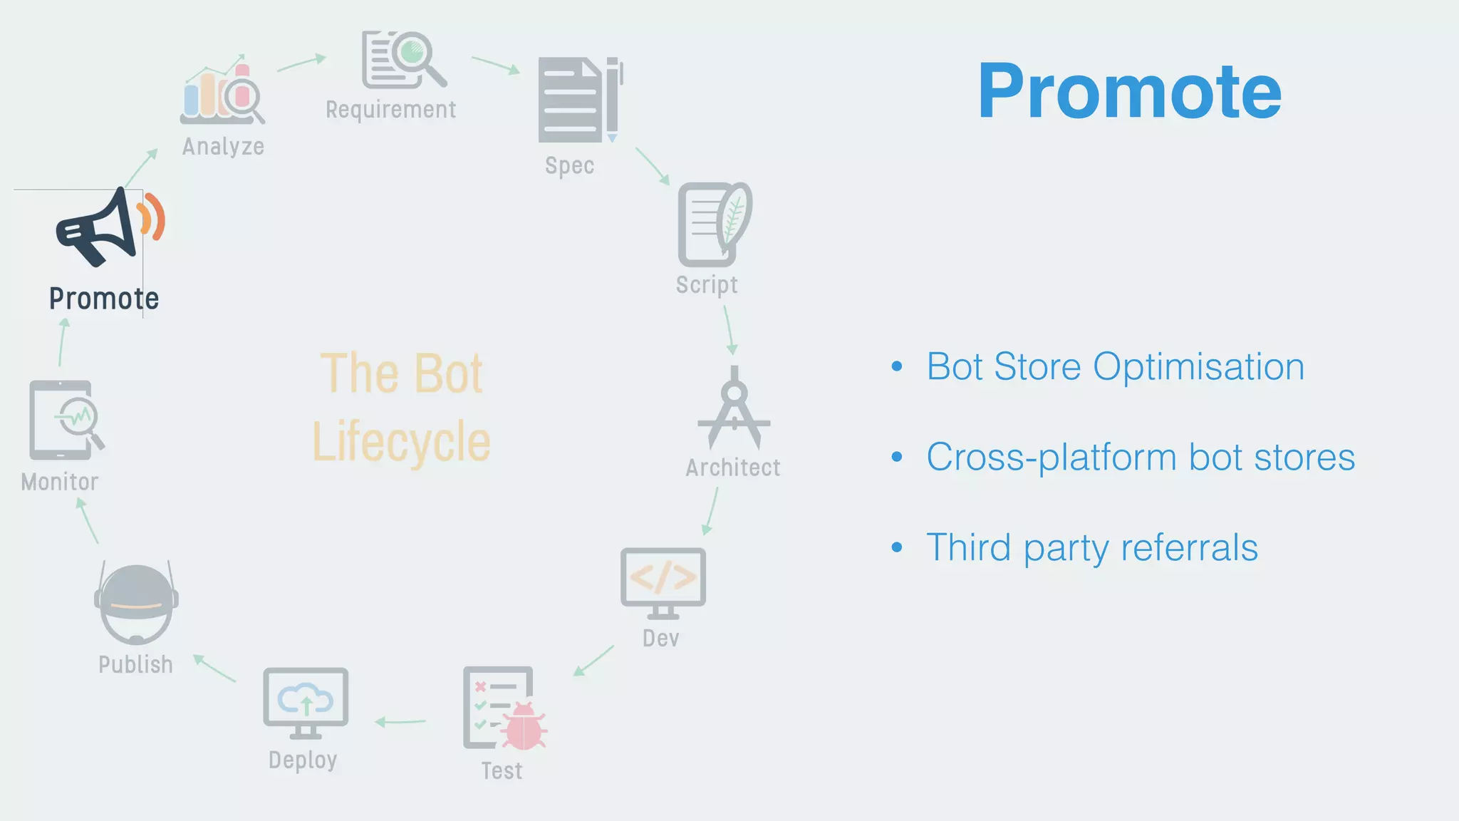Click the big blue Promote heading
coord(1129,92)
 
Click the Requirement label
coord(390,110)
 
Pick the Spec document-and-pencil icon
coord(579,100)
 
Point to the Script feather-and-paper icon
coord(714,224)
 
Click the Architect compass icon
coord(734,408)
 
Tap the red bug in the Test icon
coord(524,727)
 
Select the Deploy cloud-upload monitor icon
coord(306,703)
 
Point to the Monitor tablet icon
coord(64,420)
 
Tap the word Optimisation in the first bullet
coord(1198,367)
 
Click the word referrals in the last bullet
coord(1189,548)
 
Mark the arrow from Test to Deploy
coord(400,722)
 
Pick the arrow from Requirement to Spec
coord(496,65)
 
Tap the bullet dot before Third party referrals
coord(897,547)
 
